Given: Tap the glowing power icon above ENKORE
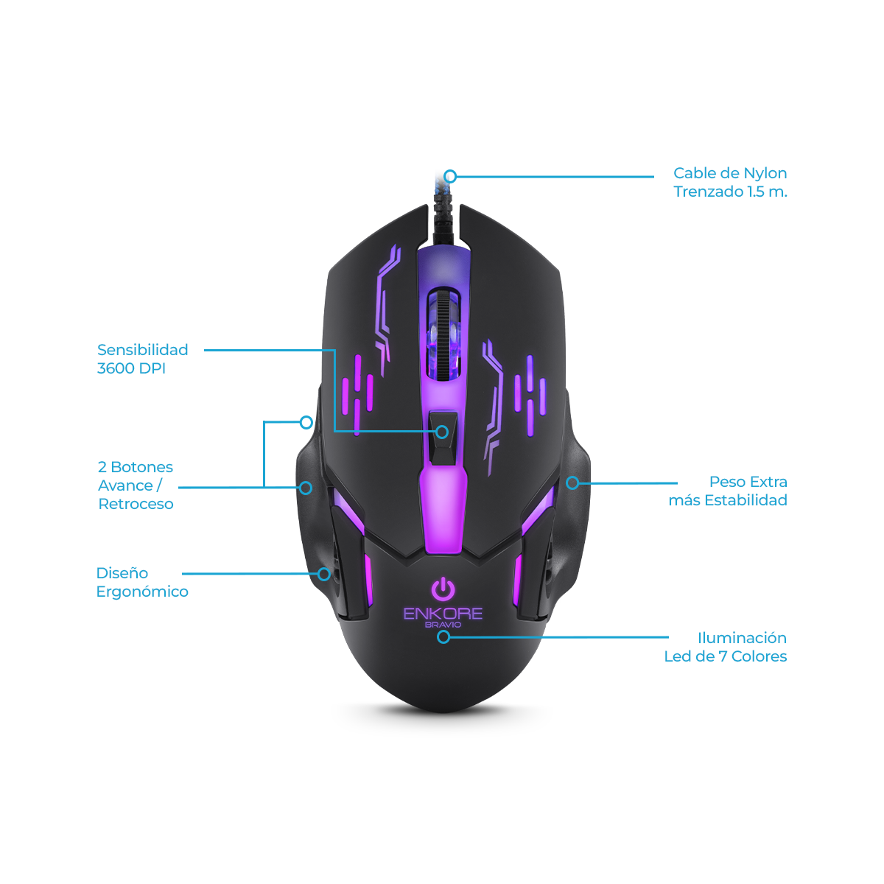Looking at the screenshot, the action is pos(443,589).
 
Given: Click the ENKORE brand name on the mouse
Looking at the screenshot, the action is pos(443,614).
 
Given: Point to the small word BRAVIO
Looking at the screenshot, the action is pos(443,625).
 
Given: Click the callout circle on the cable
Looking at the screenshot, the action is pos(451,176).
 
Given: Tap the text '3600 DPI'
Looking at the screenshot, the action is pos(131,368).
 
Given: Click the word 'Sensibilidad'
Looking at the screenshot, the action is pos(143,350).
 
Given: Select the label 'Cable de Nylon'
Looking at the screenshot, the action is pos(730,173).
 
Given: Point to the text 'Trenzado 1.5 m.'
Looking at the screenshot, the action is pos(730,192).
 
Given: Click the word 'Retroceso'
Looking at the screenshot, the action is pos(136,504).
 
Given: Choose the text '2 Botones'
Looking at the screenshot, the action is pos(136,467).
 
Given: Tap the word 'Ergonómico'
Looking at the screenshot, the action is pos(142,592).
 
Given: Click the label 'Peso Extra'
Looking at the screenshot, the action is pos(748,482).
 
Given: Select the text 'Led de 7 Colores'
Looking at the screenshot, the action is pos(726,656).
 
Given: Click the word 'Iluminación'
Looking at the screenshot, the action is pos(743,638).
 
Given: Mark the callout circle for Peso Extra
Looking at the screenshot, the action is pos(572,483).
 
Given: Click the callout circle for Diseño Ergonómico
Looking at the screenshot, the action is pos(324,574).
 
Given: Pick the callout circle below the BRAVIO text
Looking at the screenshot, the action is pos(443,636).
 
